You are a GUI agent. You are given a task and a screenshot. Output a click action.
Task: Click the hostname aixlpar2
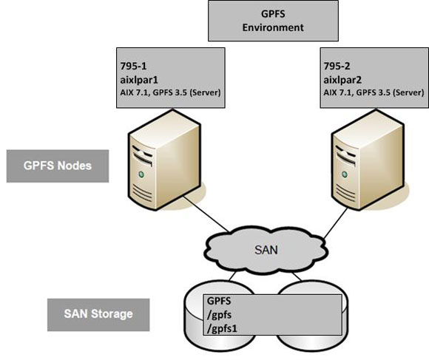pyautogui.click(x=345, y=79)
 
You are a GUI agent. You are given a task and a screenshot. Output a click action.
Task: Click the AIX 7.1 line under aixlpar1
pyautogui.click(x=170, y=92)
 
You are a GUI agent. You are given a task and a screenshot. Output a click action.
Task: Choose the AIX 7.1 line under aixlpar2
pyautogui.click(x=374, y=92)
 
